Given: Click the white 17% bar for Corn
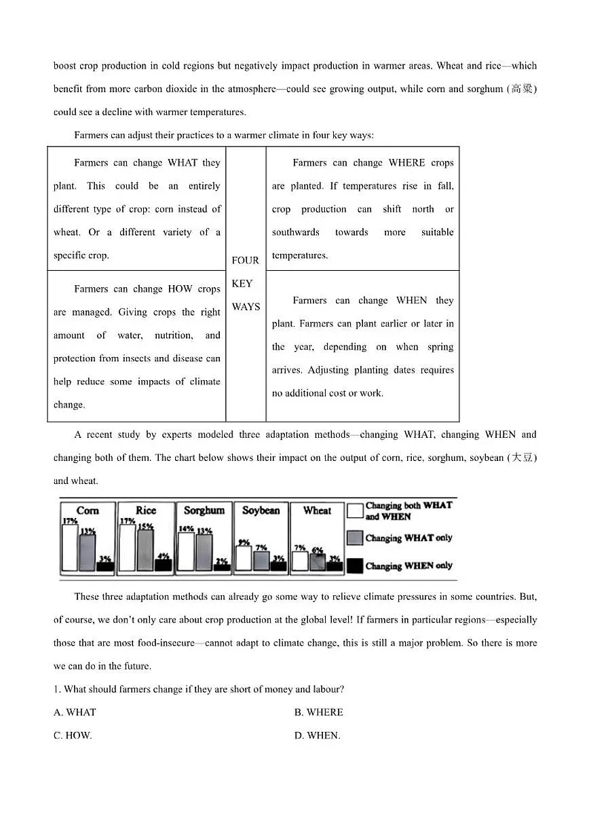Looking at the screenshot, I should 69,548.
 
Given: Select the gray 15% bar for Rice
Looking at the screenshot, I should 145,550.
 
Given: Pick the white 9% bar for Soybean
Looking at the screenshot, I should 244,558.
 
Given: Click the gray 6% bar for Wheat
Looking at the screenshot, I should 318,562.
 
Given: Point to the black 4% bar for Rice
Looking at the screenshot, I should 163,566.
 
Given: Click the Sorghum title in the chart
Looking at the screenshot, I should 204,511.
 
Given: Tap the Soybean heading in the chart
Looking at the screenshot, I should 261,511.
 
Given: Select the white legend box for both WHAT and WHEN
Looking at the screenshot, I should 355,511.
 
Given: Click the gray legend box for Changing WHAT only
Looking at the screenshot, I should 355,538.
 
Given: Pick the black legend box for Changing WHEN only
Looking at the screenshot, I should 355,566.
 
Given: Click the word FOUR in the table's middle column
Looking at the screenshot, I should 245,261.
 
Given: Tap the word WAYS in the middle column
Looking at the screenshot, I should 246,307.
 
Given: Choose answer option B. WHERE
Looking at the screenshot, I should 318,712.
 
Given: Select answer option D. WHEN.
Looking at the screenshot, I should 317,735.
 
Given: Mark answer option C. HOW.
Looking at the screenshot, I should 73,735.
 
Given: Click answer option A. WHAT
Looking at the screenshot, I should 75,712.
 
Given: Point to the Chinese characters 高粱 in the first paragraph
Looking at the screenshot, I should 522,89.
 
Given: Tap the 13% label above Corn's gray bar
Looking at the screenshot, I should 88,532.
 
